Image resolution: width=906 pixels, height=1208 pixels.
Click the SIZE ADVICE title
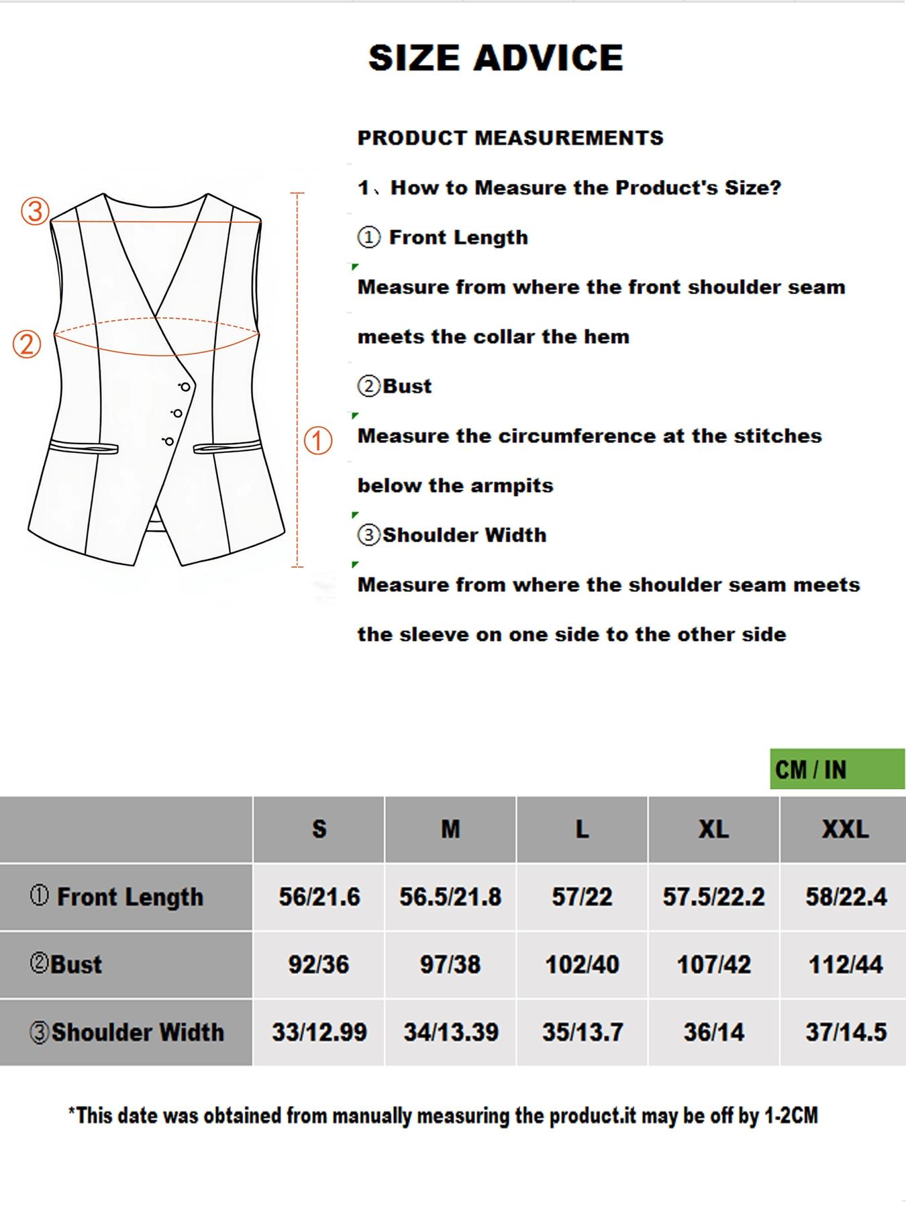coord(496,58)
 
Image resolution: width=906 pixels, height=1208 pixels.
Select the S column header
coord(319,829)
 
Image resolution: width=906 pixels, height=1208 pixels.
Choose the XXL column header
coord(845,829)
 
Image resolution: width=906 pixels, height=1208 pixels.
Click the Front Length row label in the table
coord(117,897)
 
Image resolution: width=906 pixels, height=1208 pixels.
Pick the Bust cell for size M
coord(450,964)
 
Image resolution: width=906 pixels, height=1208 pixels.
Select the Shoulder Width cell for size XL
coord(713,1032)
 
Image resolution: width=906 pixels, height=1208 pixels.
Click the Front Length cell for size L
coord(582,897)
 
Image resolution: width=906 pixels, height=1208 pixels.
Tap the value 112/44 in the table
coord(845,964)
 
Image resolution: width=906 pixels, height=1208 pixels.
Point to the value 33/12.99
coord(319,1032)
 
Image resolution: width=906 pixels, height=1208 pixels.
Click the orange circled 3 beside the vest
coord(35,211)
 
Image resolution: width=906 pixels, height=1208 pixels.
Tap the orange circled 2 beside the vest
coord(28,344)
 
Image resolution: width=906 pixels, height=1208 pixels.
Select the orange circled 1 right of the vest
coord(318,440)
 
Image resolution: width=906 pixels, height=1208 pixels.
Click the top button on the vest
coord(185,387)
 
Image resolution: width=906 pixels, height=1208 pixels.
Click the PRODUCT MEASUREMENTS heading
coord(510,138)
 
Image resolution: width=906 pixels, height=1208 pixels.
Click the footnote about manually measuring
coord(443,1116)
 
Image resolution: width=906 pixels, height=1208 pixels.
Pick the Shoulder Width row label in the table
coord(128,1032)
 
